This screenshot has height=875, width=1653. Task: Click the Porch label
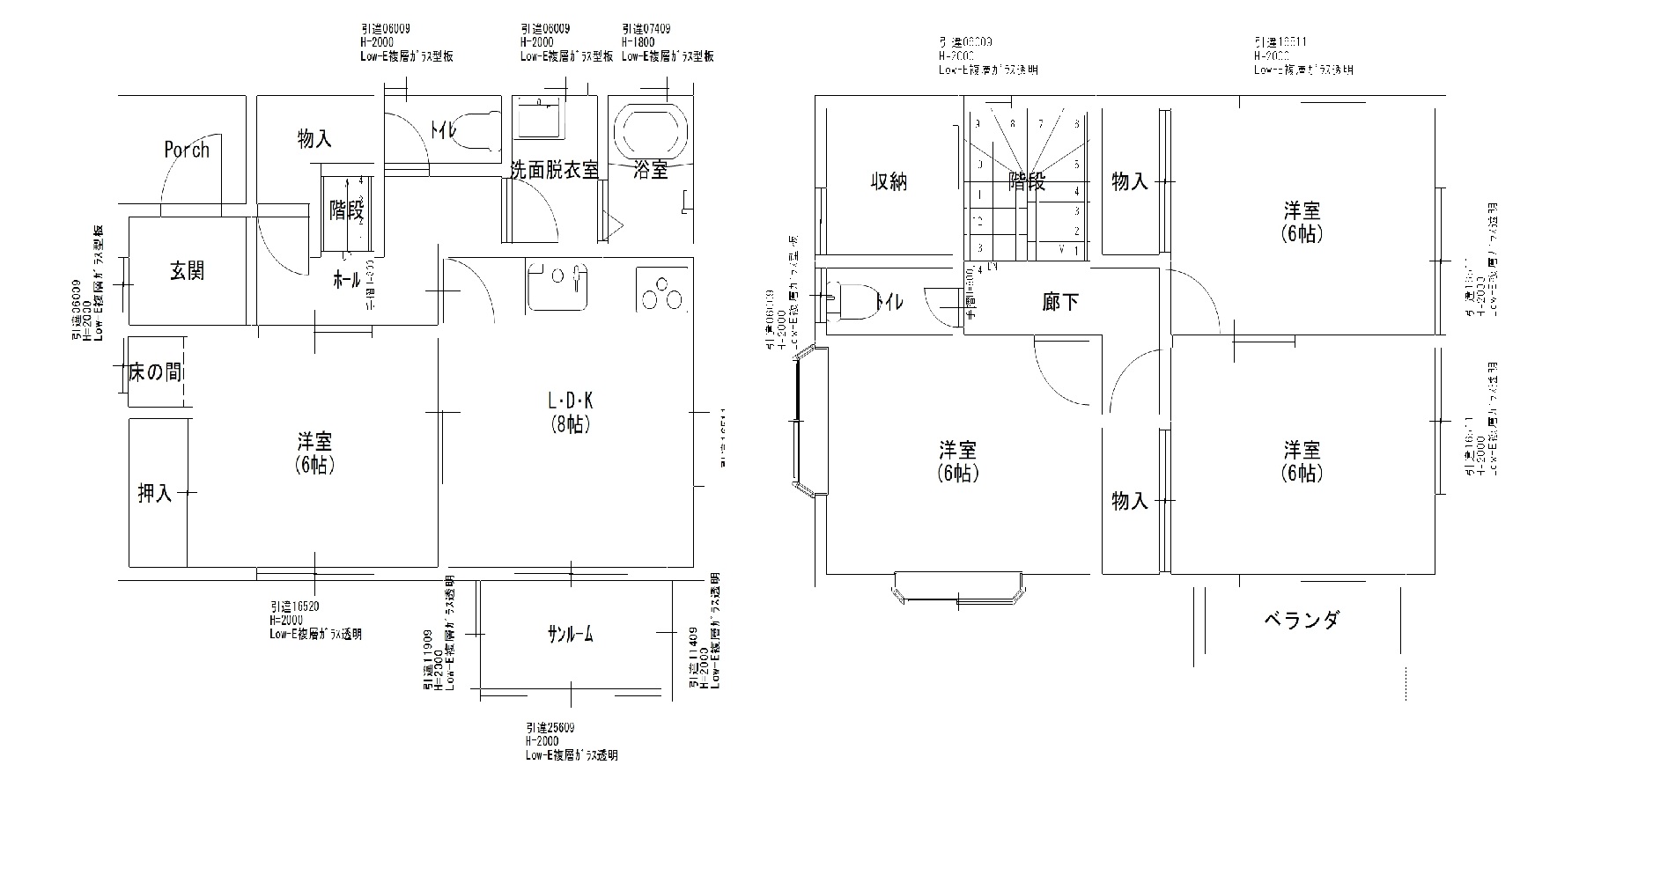click(187, 150)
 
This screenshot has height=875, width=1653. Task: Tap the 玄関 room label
click(187, 270)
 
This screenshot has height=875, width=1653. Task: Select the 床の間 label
click(155, 372)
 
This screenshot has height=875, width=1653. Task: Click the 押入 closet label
click(154, 493)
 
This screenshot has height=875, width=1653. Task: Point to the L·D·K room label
click(571, 401)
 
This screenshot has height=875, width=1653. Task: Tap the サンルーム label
click(570, 633)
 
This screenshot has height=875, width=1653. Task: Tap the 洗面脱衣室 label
click(554, 170)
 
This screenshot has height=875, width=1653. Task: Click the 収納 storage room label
click(889, 182)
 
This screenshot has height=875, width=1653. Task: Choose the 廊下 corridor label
click(1060, 302)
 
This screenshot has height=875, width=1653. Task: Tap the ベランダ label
click(1302, 620)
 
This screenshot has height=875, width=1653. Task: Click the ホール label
click(345, 281)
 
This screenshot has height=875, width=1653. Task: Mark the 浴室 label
click(651, 170)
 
